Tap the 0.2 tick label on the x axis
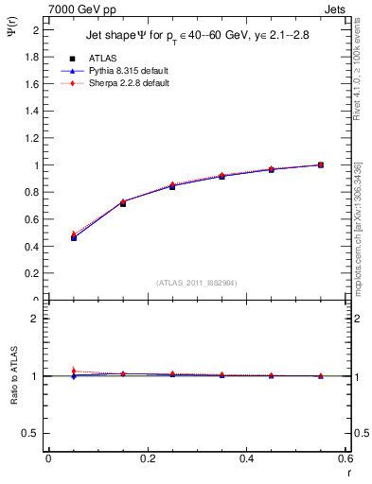[147, 458]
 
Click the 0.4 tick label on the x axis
[246, 458]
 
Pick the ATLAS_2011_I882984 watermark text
[196, 283]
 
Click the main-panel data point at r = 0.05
[73, 237]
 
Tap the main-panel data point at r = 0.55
[321, 164]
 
